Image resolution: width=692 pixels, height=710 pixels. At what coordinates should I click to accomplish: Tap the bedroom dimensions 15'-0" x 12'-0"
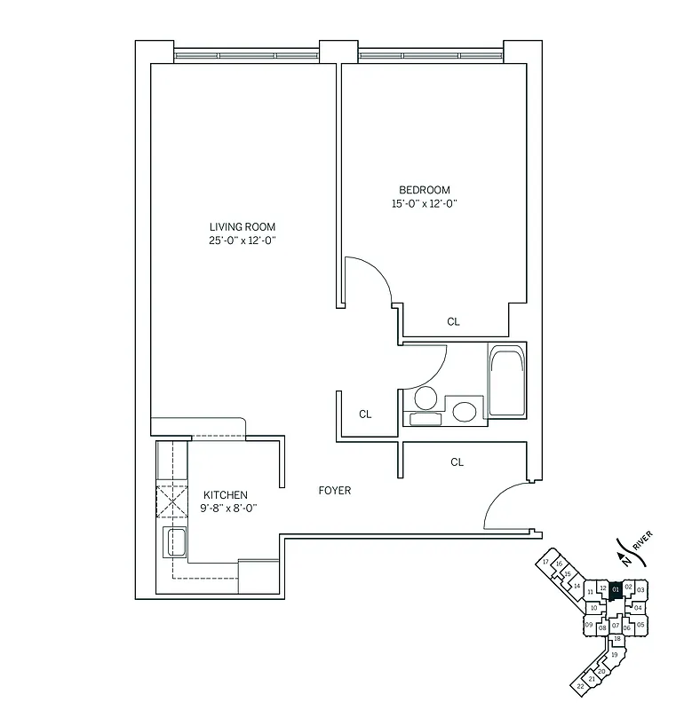click(425, 204)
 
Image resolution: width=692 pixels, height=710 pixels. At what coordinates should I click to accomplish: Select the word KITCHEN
click(226, 495)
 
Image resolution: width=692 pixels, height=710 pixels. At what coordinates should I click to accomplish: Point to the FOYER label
click(335, 490)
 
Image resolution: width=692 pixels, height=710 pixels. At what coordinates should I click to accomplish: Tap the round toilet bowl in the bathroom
click(426, 397)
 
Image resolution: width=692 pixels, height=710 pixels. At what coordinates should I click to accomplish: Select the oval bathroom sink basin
click(464, 412)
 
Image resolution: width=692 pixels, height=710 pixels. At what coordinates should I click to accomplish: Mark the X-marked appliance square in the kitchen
click(170, 503)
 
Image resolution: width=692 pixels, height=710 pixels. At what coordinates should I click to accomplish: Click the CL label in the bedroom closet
click(453, 322)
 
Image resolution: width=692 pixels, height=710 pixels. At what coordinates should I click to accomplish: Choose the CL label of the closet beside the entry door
click(457, 461)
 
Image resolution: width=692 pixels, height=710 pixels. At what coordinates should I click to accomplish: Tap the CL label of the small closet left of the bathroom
click(364, 414)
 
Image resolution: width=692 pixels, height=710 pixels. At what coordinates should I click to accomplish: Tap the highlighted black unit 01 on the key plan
click(615, 589)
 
